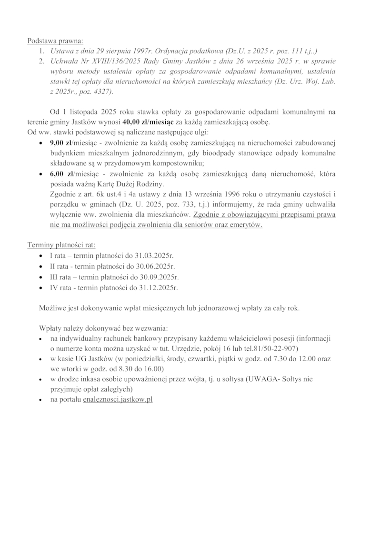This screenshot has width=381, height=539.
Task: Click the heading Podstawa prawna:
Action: pyautogui.click(x=55, y=41)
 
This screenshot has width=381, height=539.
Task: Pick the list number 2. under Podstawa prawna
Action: pyautogui.click(x=42, y=61)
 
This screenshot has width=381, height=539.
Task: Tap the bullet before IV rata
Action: pyautogui.click(x=41, y=288)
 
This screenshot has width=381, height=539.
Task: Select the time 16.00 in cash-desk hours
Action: pyautogui.click(x=152, y=368)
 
